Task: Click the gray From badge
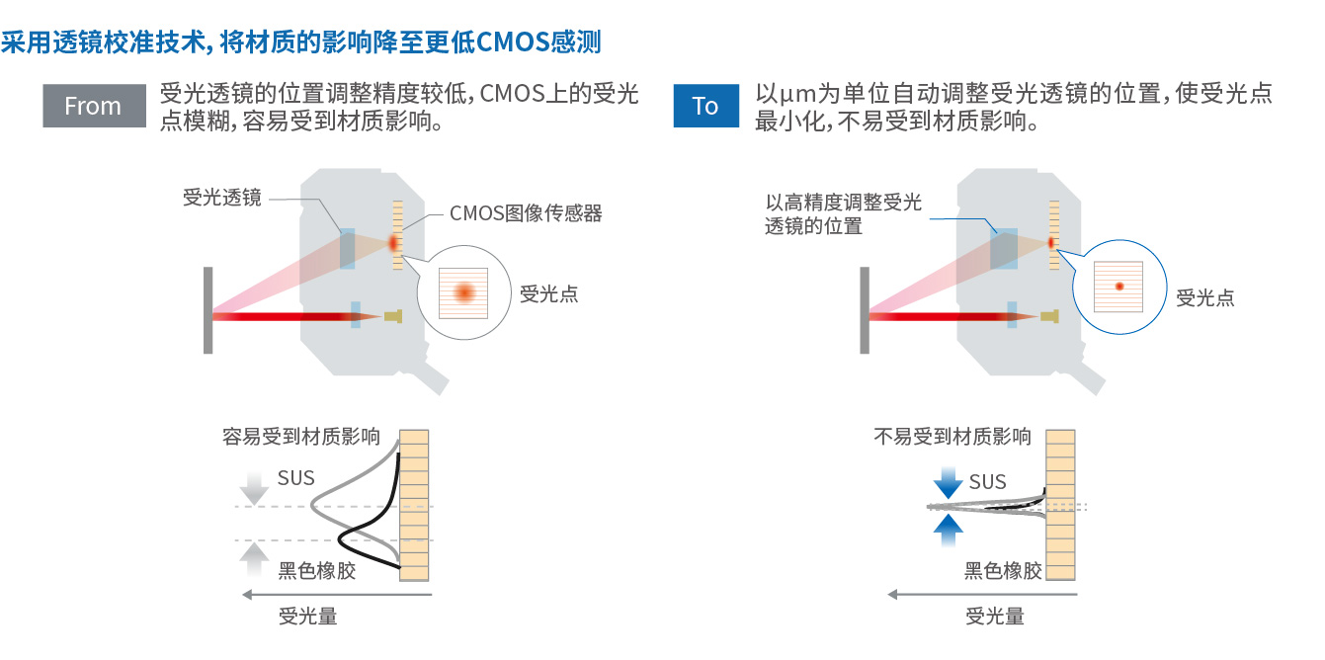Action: tap(94, 106)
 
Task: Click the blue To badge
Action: tap(705, 106)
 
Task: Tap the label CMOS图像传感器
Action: tap(526, 213)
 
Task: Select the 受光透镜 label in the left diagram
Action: tap(222, 197)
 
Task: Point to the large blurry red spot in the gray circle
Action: tap(463, 291)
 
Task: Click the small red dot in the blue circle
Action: tap(1119, 287)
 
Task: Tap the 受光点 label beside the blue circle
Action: tap(1204, 297)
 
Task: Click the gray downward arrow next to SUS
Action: tap(255, 487)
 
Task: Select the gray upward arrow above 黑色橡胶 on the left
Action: tap(255, 559)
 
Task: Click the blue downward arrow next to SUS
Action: tap(949, 484)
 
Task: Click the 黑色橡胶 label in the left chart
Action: tap(316, 570)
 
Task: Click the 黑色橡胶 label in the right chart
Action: tap(1003, 570)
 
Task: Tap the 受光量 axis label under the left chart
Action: tap(308, 617)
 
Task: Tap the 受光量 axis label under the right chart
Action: tap(995, 617)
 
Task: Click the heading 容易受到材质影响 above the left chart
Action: tap(301, 437)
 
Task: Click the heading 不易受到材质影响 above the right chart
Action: tap(952, 437)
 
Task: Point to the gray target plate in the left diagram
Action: tap(207, 310)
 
